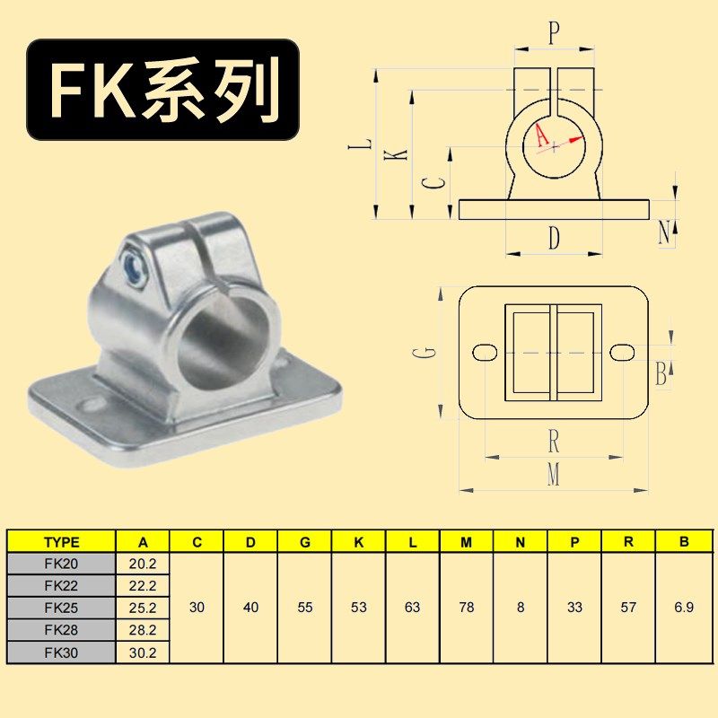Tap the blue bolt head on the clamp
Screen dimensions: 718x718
(x=133, y=266)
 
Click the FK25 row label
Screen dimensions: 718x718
(x=61, y=608)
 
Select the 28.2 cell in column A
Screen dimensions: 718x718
(x=143, y=630)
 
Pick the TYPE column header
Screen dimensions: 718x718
(x=61, y=542)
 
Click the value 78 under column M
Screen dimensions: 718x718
(x=467, y=608)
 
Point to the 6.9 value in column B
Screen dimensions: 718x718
(x=683, y=608)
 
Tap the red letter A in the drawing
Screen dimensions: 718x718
(x=540, y=136)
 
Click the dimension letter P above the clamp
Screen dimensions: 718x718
(x=554, y=34)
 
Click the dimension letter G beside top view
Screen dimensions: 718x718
(x=430, y=352)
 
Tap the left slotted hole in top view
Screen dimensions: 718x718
(x=484, y=352)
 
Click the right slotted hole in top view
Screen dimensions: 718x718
(x=623, y=352)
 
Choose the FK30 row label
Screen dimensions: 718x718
(x=61, y=652)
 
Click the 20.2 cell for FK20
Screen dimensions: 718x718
(x=143, y=564)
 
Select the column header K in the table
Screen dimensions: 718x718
(x=359, y=542)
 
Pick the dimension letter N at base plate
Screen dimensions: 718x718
(x=664, y=232)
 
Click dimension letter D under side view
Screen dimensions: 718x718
(x=554, y=239)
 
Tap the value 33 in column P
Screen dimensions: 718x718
(x=574, y=608)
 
